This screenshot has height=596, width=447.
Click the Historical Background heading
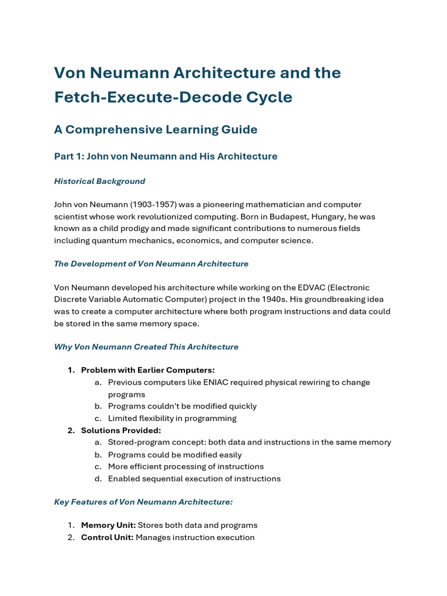(x=100, y=181)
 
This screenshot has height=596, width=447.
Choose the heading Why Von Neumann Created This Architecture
(x=146, y=347)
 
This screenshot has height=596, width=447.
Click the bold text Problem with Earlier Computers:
(x=148, y=370)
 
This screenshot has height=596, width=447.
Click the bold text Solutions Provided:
(x=121, y=430)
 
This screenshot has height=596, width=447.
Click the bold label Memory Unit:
(x=108, y=525)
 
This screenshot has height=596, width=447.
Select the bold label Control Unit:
(x=108, y=537)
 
